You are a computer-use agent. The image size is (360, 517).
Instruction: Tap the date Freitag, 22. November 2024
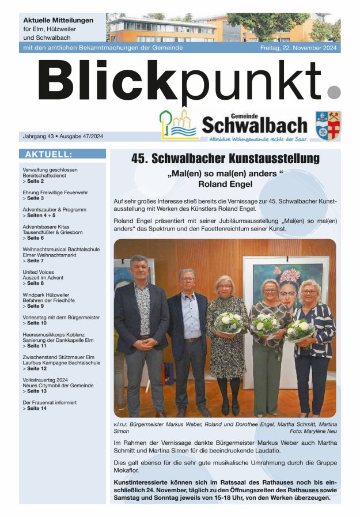click(300, 48)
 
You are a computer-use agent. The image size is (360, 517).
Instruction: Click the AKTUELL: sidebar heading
click(49, 154)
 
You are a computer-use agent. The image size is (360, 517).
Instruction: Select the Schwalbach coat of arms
click(328, 124)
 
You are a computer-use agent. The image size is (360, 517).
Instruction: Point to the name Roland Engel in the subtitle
click(225, 185)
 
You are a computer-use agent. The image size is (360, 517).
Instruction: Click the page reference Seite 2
click(35, 182)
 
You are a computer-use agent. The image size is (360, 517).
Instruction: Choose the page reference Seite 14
click(37, 408)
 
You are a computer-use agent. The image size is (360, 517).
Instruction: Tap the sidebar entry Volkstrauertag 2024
click(45, 380)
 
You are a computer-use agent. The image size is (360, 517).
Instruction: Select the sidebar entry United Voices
click(38, 271)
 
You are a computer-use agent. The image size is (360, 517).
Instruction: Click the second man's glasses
click(187, 280)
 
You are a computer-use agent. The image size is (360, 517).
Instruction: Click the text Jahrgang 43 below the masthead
click(40, 136)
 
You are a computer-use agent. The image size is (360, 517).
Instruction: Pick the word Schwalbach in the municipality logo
click(255, 124)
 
